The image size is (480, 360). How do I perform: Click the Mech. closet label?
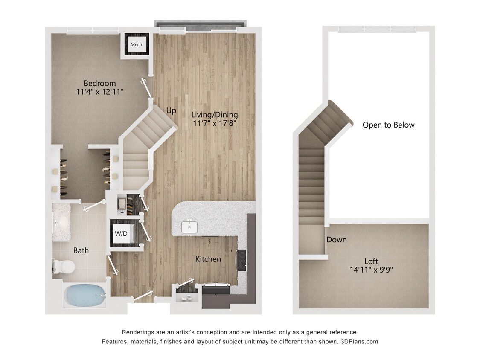point(137,44)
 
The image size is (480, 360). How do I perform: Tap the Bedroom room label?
point(99,83)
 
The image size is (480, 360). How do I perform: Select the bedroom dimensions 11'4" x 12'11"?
point(99,92)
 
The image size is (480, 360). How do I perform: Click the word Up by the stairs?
point(171,110)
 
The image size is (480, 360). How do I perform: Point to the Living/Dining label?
point(214,115)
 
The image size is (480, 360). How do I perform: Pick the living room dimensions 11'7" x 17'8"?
point(214,124)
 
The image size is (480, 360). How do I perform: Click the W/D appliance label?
point(122,233)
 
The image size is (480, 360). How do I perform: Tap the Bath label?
point(81,250)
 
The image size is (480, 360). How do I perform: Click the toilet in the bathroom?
point(64,267)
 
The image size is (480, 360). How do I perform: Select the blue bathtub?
point(85,295)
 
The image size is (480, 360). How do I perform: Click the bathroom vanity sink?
point(63,222)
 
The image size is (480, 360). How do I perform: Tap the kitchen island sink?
point(189,227)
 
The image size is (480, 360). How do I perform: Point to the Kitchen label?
point(208,259)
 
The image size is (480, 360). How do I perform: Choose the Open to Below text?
point(388,125)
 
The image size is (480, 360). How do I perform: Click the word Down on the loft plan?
point(336,240)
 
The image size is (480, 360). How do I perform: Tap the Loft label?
point(371,261)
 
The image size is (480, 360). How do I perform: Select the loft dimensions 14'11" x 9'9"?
point(371,270)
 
